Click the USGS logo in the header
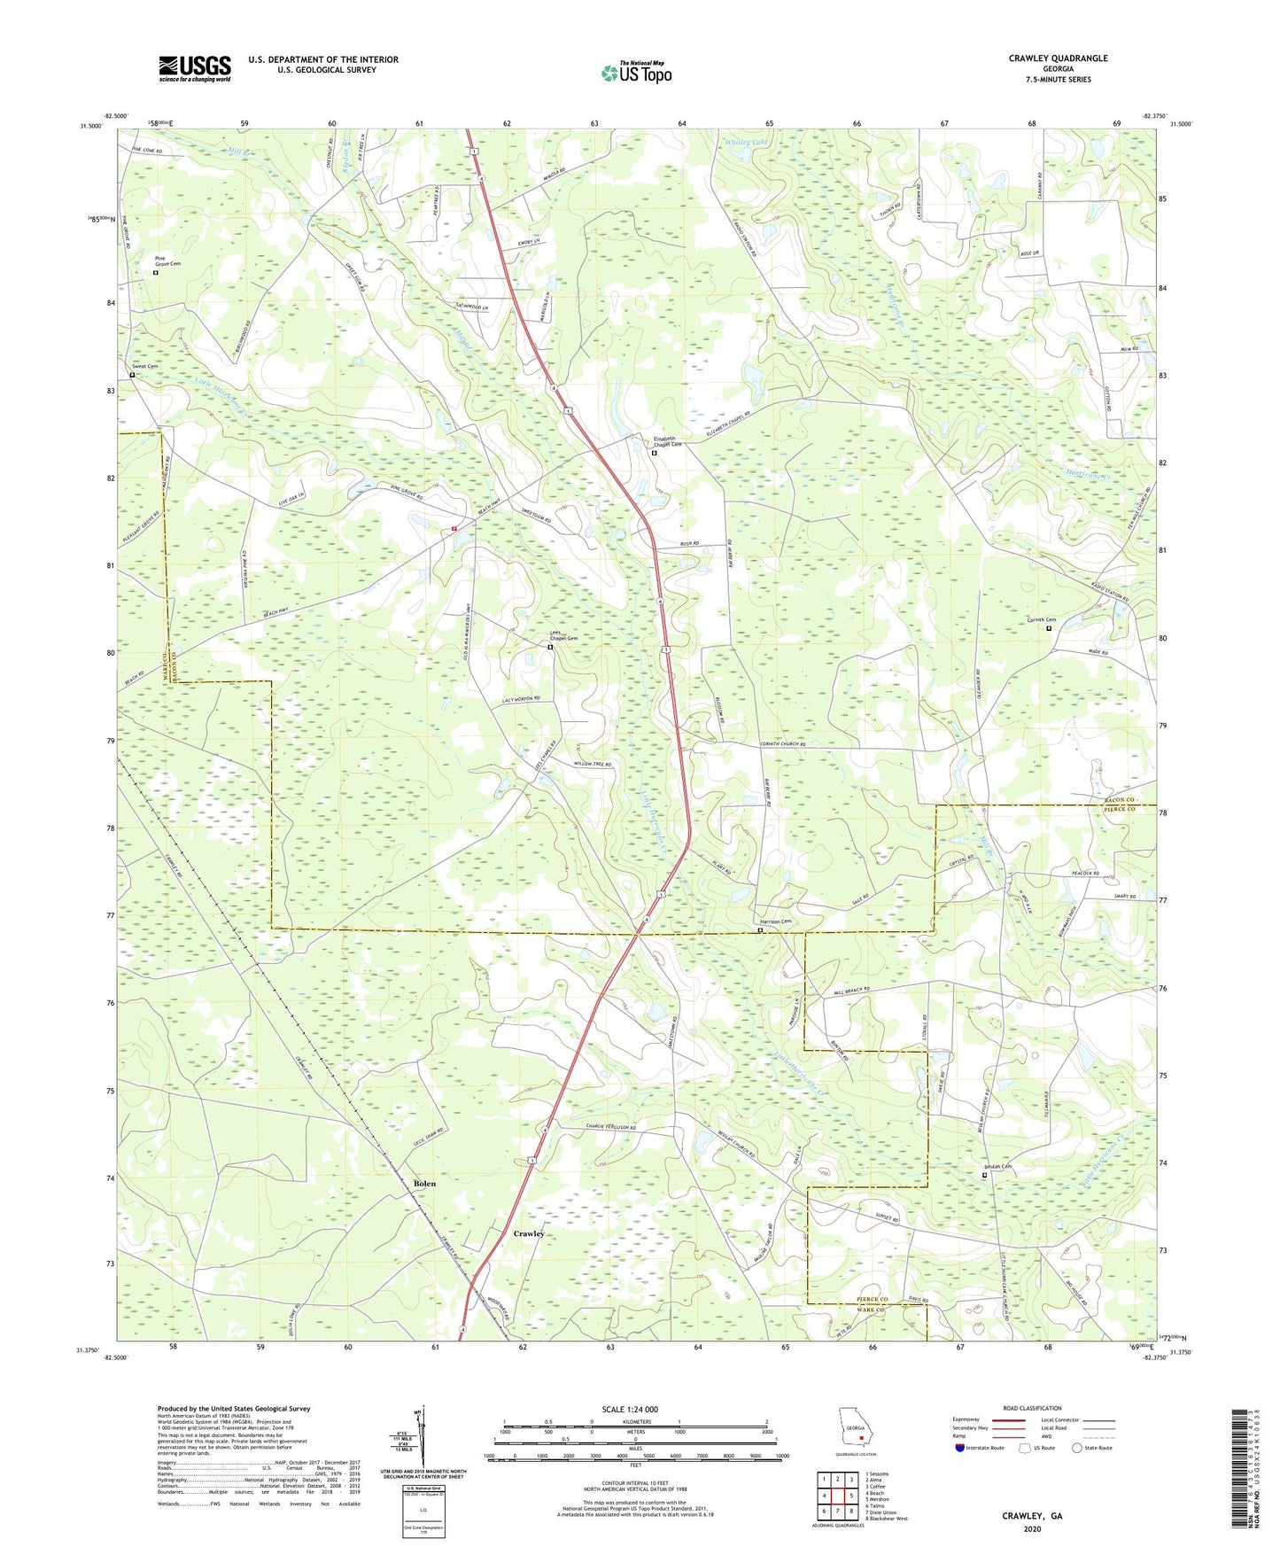[x=194, y=67]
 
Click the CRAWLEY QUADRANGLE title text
[x=1058, y=58]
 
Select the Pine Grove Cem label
[x=167, y=261]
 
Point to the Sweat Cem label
[x=145, y=366]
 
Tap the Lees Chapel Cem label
[x=563, y=636]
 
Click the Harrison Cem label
[x=772, y=921]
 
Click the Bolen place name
[x=424, y=1183]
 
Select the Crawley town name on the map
[x=529, y=1233]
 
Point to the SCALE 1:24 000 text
[x=630, y=1409]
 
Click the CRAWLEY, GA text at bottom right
[x=1032, y=1516]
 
